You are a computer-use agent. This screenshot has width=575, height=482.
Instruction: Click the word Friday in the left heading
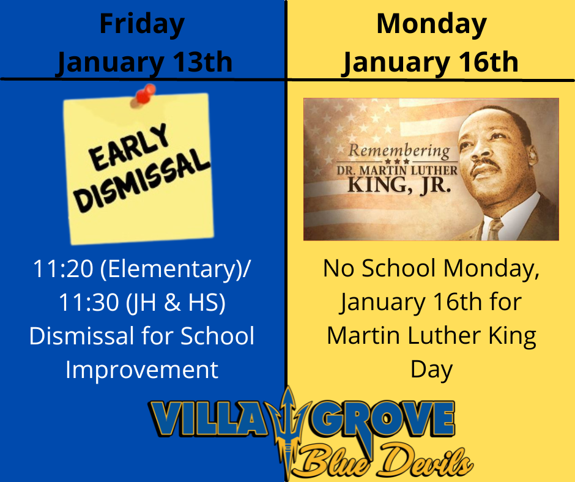pos(142,25)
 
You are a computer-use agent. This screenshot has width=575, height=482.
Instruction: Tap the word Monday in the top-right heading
pos(432,25)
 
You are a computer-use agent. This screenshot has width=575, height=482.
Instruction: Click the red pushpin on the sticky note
pos(144,95)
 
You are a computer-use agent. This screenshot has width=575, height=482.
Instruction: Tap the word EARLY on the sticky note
pos(128,147)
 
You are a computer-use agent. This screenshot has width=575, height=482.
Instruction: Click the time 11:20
pos(63,269)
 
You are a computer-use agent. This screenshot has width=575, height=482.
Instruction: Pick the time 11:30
pos(89,303)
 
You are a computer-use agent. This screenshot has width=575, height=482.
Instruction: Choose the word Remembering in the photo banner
pos(399,150)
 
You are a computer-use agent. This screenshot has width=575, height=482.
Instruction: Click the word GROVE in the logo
pos(382,419)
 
